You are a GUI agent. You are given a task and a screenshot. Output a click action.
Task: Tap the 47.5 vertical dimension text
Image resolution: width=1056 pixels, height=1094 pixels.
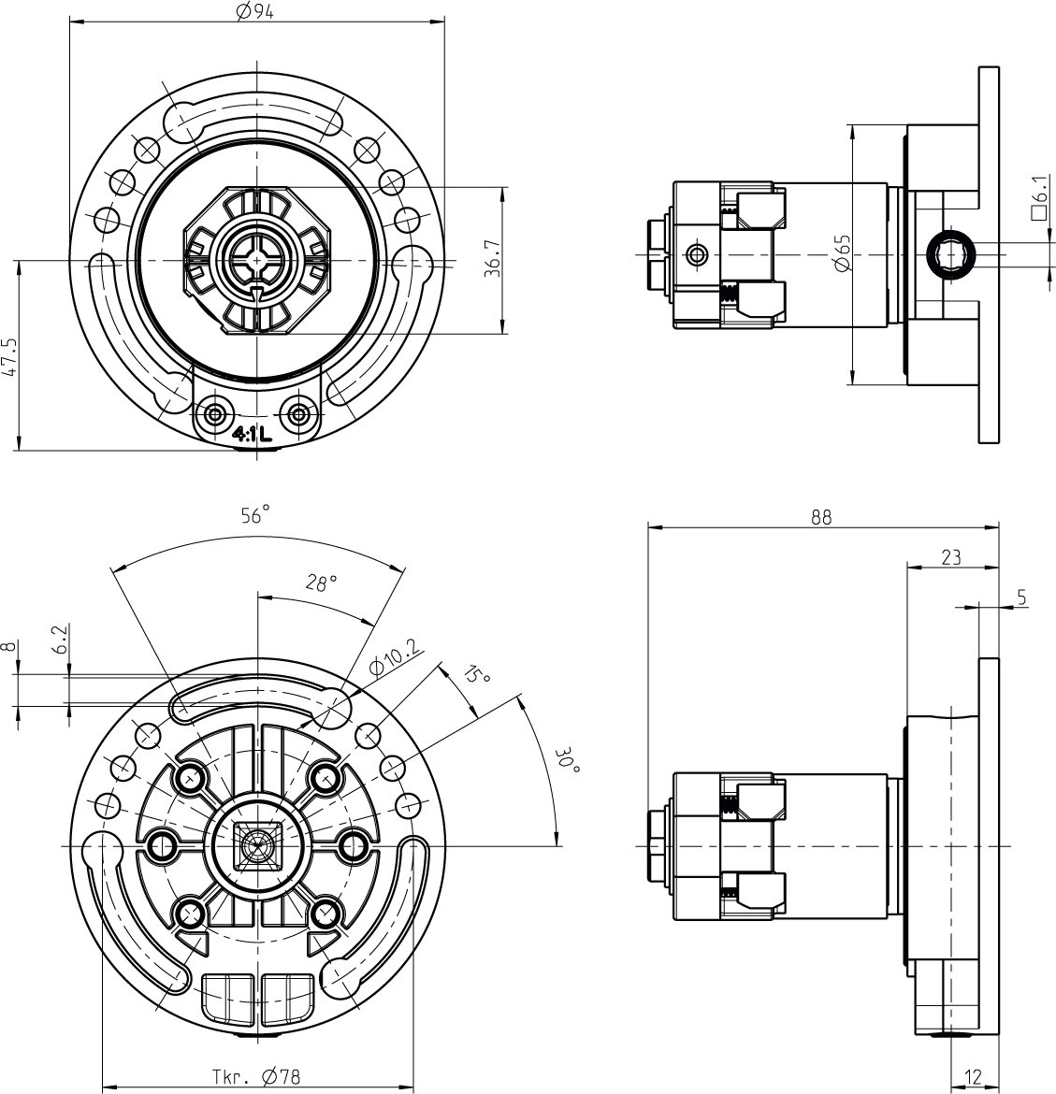10,356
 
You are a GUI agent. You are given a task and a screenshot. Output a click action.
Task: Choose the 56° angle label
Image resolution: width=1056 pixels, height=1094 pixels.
254,514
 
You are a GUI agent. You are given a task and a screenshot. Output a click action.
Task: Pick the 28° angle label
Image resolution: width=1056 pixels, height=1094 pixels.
321,583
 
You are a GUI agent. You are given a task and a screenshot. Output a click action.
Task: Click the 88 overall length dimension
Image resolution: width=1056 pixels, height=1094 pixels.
820,518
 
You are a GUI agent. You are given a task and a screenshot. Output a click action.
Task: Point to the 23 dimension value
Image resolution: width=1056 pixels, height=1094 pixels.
950,557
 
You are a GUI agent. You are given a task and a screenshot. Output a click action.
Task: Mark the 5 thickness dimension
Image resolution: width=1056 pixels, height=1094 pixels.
1021,596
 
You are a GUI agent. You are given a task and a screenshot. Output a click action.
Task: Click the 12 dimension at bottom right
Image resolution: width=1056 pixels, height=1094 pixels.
973,1077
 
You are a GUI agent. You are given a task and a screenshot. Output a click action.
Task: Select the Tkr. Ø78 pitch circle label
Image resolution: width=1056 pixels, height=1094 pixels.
255,1077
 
